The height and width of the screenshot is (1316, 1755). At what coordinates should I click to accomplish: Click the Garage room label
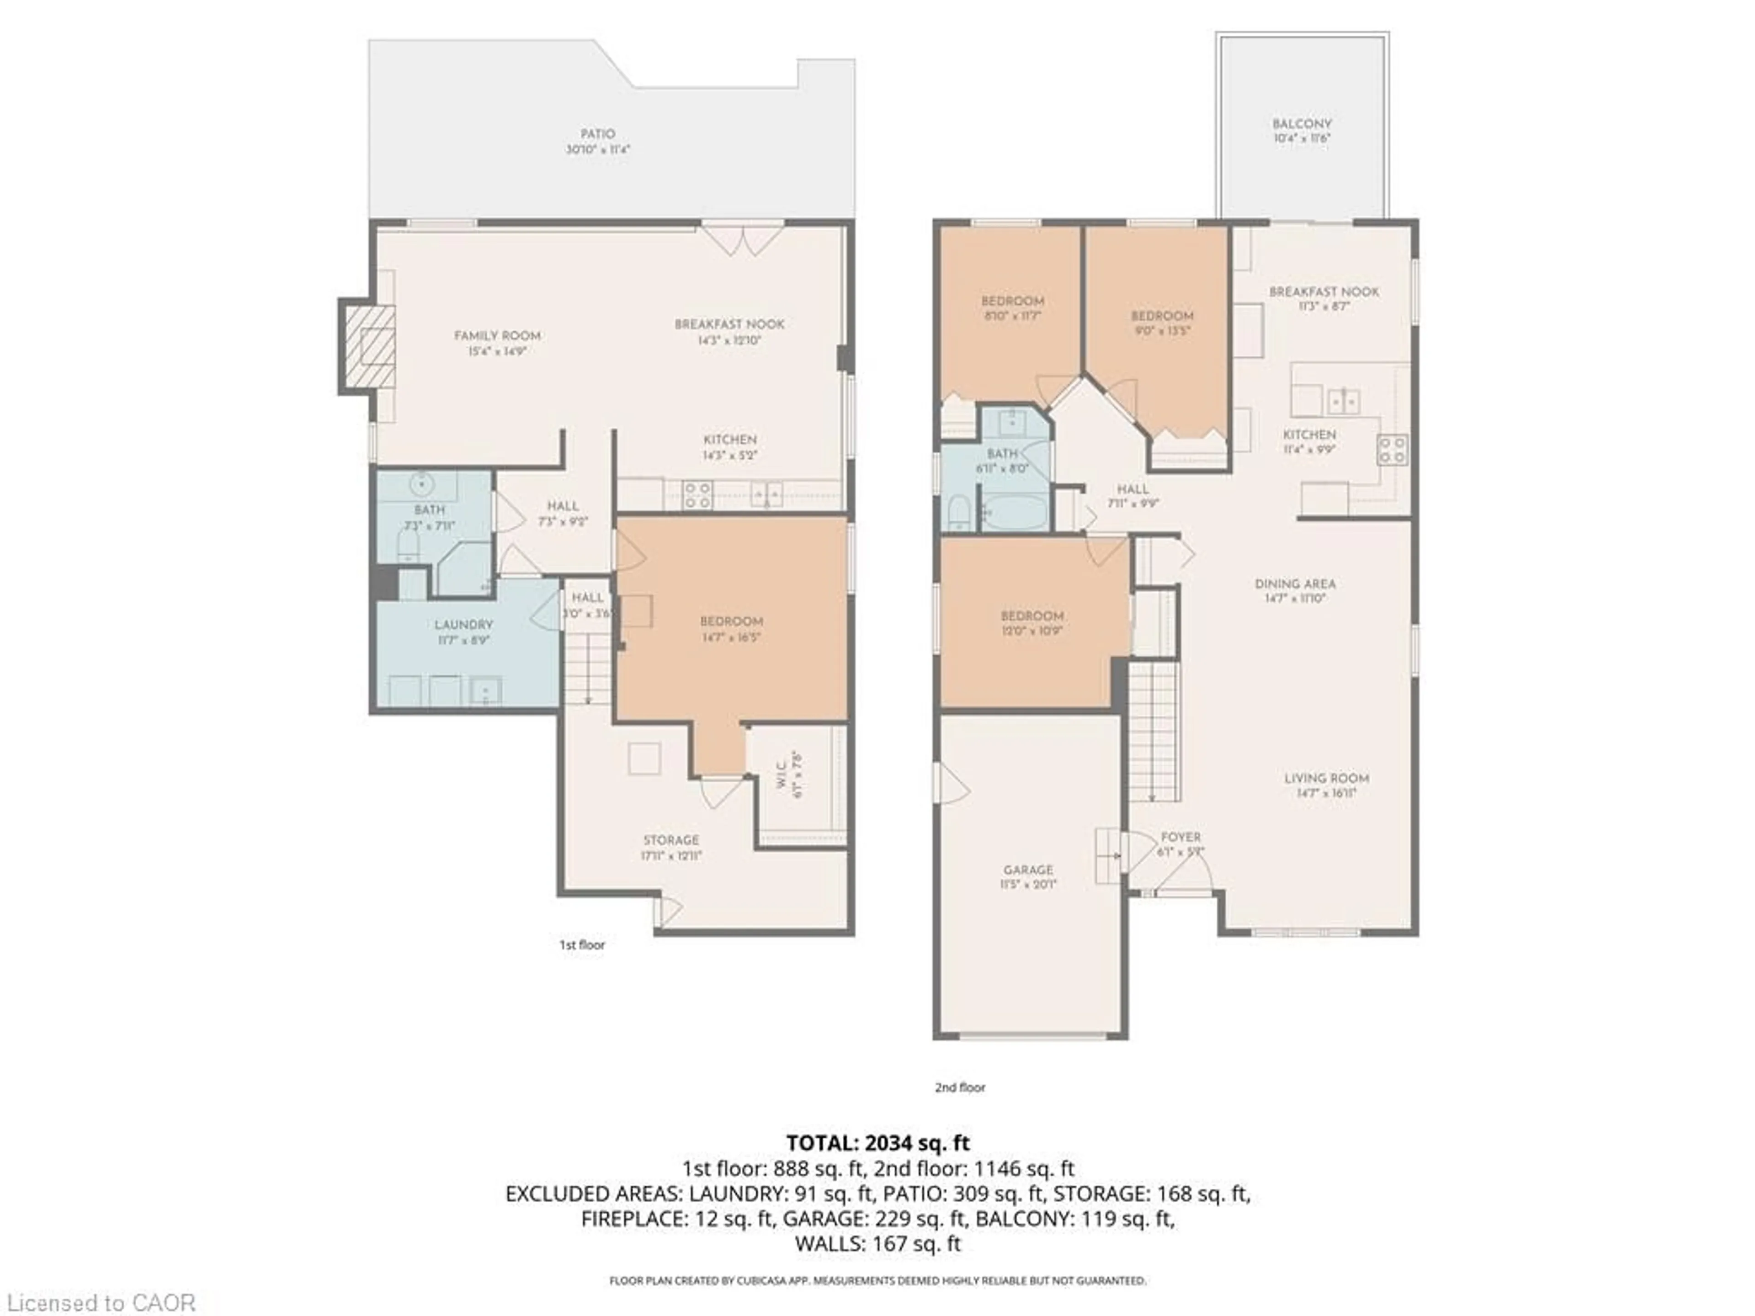(x=1028, y=870)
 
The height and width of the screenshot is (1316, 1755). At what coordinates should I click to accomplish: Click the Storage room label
(x=671, y=840)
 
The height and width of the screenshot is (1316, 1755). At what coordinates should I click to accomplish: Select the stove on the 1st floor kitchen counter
(x=697, y=495)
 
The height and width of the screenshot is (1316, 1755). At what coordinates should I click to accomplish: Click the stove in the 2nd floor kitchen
(x=1393, y=450)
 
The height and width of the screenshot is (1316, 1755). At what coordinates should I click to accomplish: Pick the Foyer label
(x=1181, y=837)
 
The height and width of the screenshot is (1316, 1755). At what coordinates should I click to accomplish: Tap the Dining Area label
(x=1295, y=584)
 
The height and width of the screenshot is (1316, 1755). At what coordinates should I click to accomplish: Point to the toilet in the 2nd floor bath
(x=958, y=513)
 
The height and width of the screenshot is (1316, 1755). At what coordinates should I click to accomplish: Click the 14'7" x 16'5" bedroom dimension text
(x=731, y=637)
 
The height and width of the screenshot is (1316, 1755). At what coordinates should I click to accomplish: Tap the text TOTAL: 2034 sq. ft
(x=877, y=1143)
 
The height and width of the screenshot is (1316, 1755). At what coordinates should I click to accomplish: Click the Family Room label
(x=497, y=335)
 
